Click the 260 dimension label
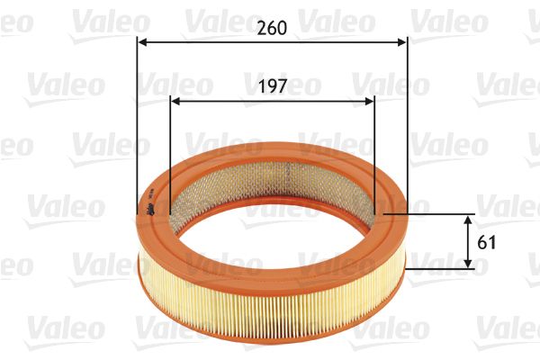[271, 27]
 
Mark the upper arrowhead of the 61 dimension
[469, 220]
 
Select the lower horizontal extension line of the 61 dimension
[441, 268]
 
